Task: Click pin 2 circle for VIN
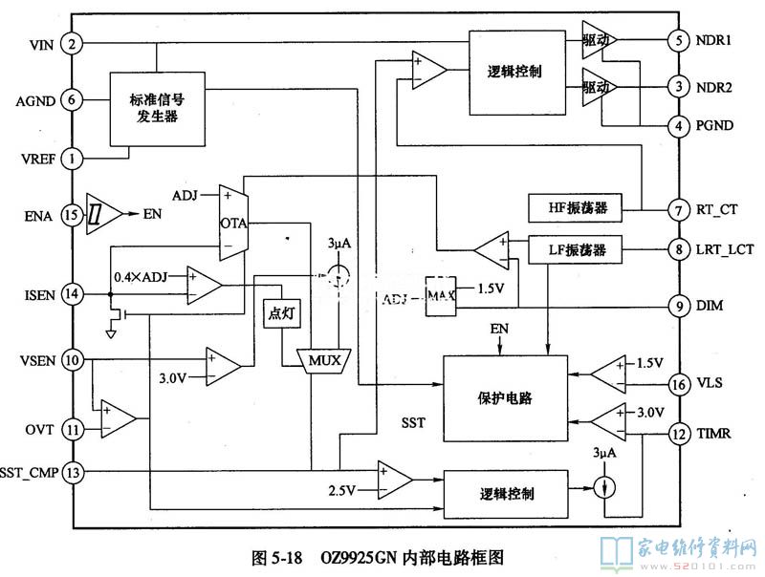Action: (x=71, y=43)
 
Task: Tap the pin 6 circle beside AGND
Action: (x=71, y=99)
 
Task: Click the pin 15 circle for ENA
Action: (x=71, y=215)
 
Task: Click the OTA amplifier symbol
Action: (x=230, y=222)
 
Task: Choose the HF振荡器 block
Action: (x=575, y=207)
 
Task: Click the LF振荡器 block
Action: (x=575, y=250)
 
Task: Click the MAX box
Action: (x=440, y=296)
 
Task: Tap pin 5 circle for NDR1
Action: (x=678, y=41)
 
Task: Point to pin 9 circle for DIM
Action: (x=678, y=307)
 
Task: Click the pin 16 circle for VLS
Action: (x=678, y=383)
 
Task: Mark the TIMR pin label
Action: (x=715, y=434)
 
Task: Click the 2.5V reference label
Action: (x=341, y=491)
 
